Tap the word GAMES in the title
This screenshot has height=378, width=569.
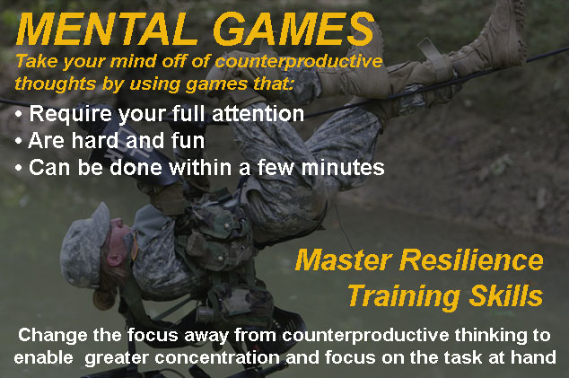[294, 29]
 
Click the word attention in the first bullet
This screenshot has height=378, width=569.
[258, 114]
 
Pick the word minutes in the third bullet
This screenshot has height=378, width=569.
[343, 167]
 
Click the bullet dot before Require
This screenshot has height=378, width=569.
[19, 115]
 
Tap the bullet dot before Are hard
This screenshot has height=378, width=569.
[19, 142]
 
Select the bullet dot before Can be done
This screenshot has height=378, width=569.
[19, 169]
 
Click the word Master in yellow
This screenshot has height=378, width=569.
[344, 260]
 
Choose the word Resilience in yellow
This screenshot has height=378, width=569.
[471, 260]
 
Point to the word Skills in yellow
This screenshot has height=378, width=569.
[506, 295]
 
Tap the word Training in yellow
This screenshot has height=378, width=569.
[404, 297]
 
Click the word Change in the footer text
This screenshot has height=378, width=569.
[53, 336]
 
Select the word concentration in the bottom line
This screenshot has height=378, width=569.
[217, 357]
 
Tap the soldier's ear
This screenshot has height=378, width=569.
[116, 259]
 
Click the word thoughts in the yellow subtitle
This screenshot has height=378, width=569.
[56, 84]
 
